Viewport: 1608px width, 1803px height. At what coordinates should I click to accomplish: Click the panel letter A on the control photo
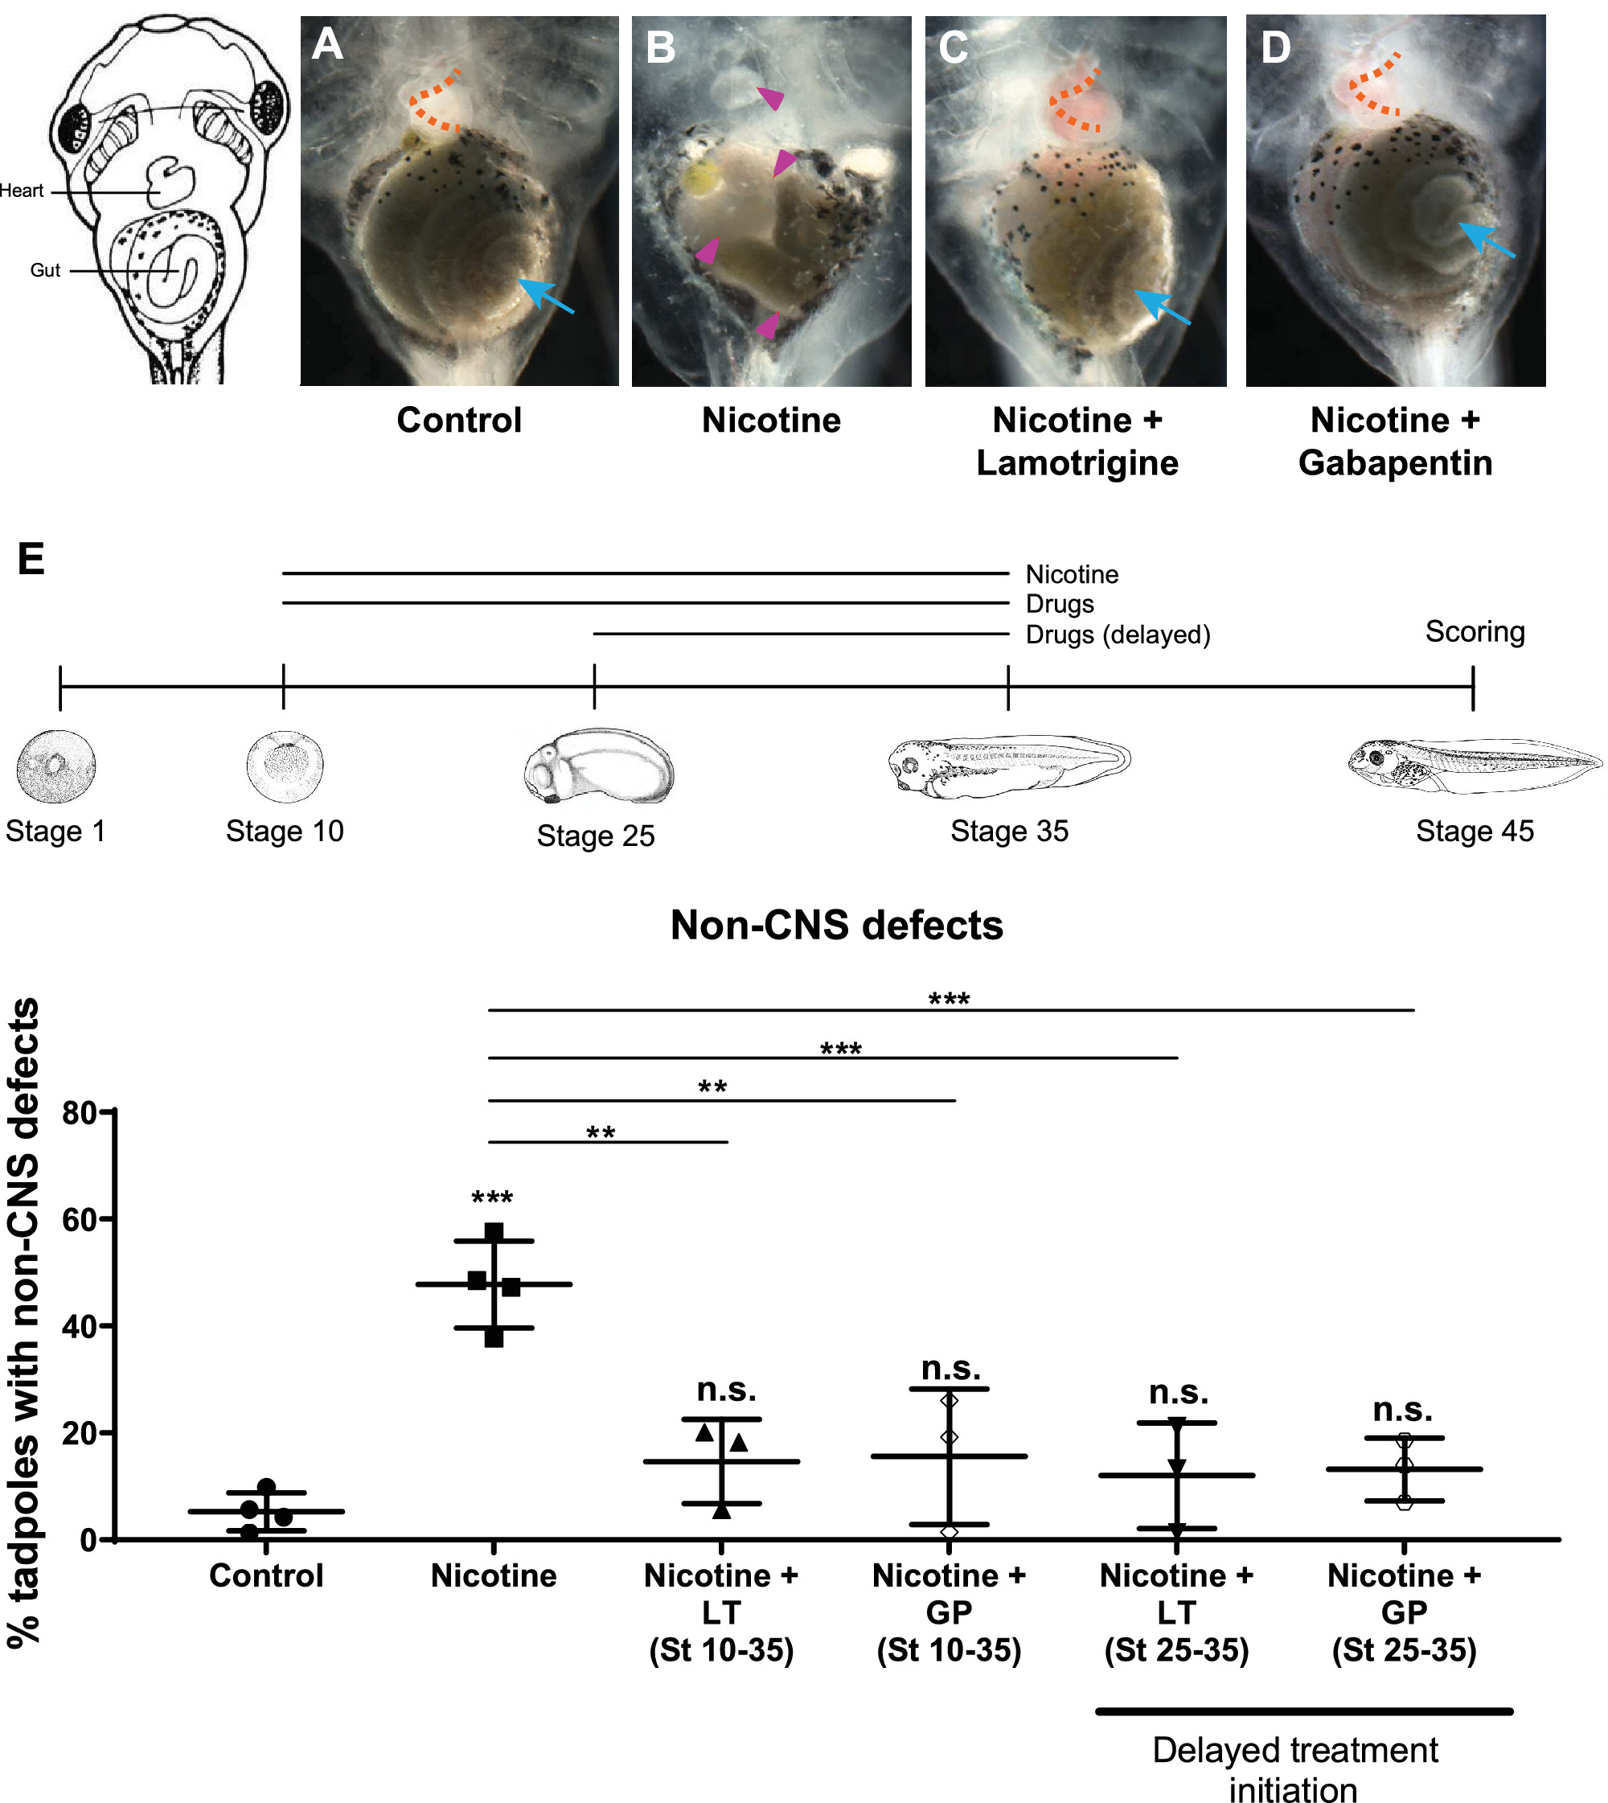pos(327,44)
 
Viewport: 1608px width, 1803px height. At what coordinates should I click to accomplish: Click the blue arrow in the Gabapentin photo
pos(1486,240)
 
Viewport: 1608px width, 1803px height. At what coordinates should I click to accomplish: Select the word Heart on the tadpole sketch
pos(21,191)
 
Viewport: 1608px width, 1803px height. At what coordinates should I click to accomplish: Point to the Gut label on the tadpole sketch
pos(45,270)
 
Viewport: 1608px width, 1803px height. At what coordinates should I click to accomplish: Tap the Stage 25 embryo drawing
pos(598,766)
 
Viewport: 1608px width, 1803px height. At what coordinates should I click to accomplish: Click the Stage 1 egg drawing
pos(55,766)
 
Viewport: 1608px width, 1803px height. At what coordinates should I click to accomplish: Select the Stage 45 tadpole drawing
pos(1474,766)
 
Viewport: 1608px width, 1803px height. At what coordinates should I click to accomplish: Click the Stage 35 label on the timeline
pos(1009,832)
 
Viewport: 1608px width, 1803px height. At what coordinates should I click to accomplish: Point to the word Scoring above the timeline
pos(1475,632)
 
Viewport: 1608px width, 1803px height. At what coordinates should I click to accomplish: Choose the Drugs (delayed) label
pos(1118,635)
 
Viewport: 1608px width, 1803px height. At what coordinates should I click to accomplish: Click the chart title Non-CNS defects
pos(837,926)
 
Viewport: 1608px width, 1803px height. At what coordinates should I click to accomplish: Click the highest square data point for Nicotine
pos(494,1231)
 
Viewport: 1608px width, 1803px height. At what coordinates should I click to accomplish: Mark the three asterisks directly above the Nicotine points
pos(492,1198)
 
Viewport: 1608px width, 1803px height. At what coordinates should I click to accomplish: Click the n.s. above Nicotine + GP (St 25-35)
pos(1403,1409)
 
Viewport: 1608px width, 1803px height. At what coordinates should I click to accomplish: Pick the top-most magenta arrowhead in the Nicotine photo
pos(770,97)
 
